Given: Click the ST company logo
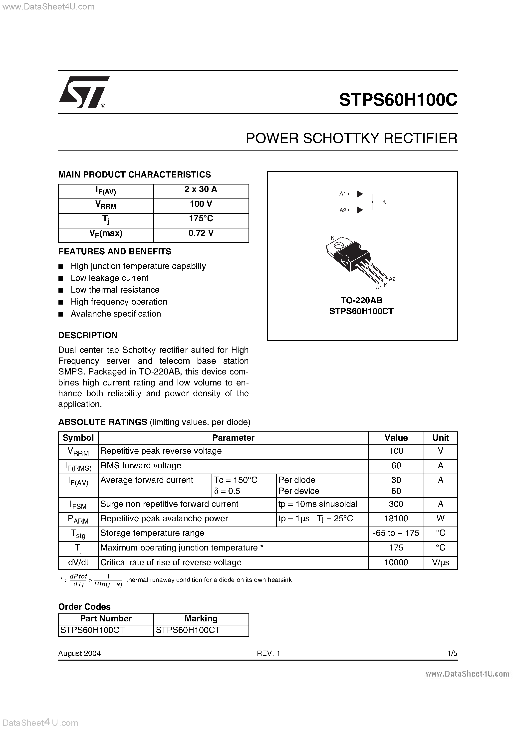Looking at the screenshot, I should click(x=83, y=92).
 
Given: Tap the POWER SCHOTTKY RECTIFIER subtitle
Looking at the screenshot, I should click(x=351, y=139).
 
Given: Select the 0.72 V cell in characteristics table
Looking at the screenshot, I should click(x=201, y=233).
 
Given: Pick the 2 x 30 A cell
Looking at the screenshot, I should click(x=201, y=189).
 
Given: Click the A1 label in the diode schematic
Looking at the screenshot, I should click(x=342, y=194).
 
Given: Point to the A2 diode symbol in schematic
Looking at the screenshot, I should click(x=360, y=210).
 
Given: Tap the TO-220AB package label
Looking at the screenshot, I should click(x=361, y=300).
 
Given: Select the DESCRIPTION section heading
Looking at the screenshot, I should click(x=88, y=336).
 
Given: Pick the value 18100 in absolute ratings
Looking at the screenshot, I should click(x=396, y=519).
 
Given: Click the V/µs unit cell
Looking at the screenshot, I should click(x=440, y=562).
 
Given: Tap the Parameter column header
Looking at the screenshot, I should click(x=233, y=438).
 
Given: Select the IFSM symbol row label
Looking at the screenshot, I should click(x=78, y=505).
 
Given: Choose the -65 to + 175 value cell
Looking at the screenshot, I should click(x=396, y=533).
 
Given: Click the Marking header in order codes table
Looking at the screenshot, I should click(x=201, y=618).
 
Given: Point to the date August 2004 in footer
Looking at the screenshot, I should click(x=79, y=653).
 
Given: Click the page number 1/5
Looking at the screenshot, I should click(x=452, y=653).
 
